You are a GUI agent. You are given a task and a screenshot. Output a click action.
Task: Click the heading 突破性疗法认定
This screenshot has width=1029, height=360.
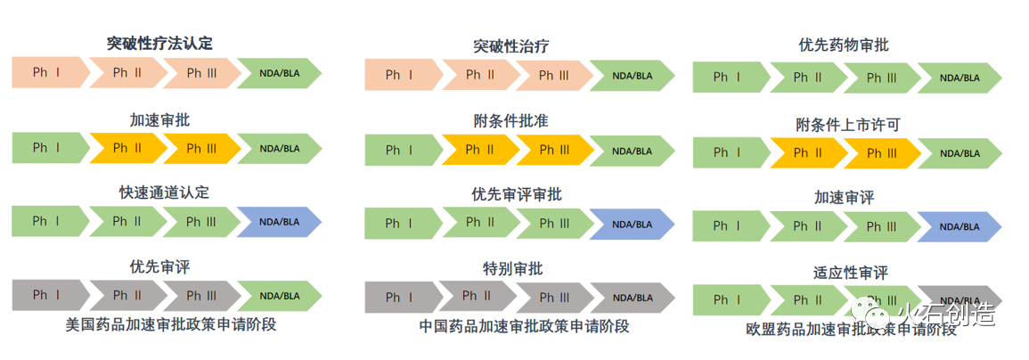159,44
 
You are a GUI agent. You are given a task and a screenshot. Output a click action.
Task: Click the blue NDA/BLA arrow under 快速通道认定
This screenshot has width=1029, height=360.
279,221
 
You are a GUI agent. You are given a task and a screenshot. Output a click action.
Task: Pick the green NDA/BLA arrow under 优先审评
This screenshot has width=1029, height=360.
279,295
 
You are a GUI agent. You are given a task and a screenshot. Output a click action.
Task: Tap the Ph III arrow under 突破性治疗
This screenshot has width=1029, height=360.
553,76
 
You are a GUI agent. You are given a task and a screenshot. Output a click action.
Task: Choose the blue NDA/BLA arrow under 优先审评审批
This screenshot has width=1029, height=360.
632,224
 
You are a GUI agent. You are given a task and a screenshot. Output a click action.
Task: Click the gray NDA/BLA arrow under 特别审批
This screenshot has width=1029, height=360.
632,297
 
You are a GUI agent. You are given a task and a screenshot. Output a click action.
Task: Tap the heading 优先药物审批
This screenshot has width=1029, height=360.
844,45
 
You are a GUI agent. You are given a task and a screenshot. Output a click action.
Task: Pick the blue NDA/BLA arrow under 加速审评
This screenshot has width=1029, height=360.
959,226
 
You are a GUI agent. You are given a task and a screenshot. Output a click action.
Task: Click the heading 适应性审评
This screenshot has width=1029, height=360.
851,273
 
